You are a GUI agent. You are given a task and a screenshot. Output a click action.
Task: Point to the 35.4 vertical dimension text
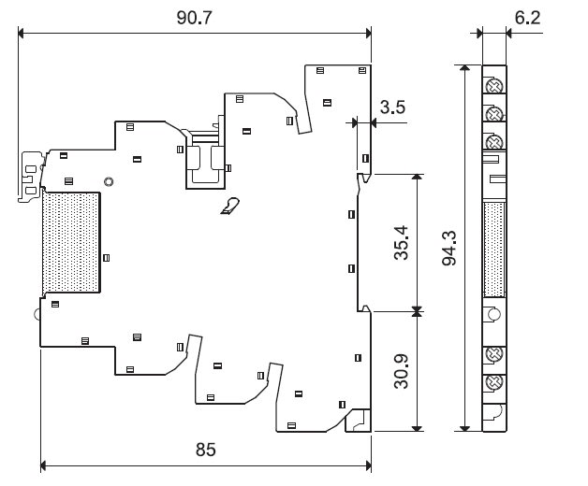pyautogui.click(x=401, y=241)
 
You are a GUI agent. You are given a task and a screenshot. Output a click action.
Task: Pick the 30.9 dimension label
pyautogui.click(x=401, y=371)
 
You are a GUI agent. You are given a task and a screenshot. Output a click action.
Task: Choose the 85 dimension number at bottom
pyautogui.click(x=206, y=450)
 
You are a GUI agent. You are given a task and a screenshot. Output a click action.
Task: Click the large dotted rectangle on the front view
pyautogui.click(x=70, y=241)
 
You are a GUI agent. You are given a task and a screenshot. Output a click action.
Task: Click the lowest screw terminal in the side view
pyautogui.click(x=493, y=380)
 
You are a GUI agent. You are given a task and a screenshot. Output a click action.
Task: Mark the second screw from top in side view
pyautogui.click(x=493, y=114)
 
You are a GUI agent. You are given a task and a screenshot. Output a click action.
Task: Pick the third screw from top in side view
pyautogui.click(x=493, y=142)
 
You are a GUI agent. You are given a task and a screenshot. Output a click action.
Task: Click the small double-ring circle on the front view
pyautogui.click(x=109, y=181)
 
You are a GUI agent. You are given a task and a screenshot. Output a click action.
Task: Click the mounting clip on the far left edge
pyautogui.click(x=28, y=174)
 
